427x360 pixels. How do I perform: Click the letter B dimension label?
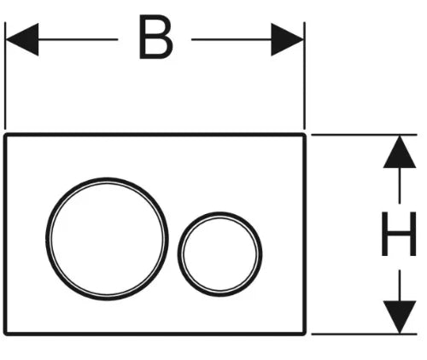tap(156, 37)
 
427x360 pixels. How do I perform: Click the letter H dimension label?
tap(399, 234)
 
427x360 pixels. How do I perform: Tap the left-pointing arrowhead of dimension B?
tap(22, 39)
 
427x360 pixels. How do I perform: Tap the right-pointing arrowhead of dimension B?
tap(288, 39)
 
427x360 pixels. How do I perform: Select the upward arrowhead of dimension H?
tap(400, 152)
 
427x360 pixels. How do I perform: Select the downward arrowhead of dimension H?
tap(400, 317)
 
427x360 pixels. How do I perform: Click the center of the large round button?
tap(107, 239)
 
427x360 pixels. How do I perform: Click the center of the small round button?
tap(220, 254)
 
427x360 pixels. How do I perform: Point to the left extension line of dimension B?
tap(5, 75)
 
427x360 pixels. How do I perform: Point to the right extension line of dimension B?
tap(305, 75)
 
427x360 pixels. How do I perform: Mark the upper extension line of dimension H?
tap(364, 135)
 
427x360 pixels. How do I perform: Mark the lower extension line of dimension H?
tap(364, 334)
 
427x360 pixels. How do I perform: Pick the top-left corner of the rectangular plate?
tap(5, 134)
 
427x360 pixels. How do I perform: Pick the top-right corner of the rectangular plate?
tap(305, 134)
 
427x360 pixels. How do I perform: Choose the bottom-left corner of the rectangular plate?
tap(5, 334)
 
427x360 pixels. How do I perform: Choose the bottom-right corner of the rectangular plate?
tap(305, 334)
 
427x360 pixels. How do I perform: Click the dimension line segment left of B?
tap(79, 39)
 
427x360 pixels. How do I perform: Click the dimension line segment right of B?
tap(231, 39)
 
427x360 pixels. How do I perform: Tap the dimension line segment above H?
tap(400, 186)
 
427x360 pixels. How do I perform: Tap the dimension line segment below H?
tap(400, 285)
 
